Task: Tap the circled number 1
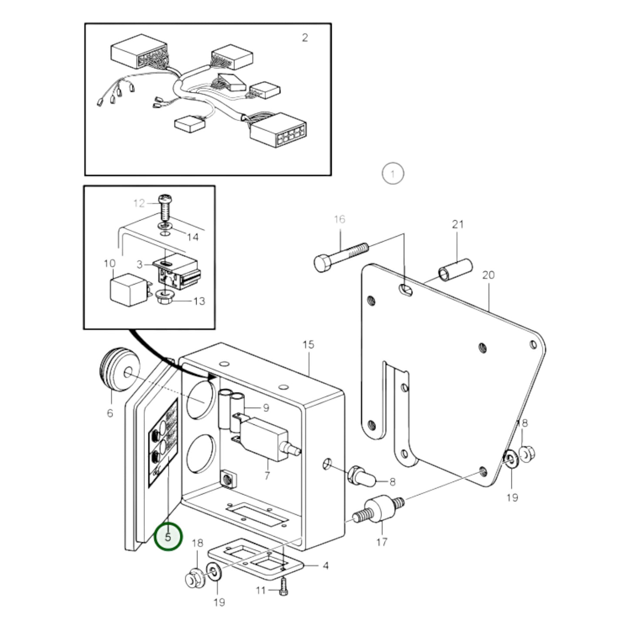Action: pyautogui.click(x=393, y=173)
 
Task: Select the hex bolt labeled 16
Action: pyautogui.click(x=341, y=256)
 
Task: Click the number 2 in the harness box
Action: pyautogui.click(x=305, y=38)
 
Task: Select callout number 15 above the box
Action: pyautogui.click(x=308, y=345)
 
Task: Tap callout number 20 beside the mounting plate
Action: pyautogui.click(x=488, y=275)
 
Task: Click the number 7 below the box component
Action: pyautogui.click(x=267, y=476)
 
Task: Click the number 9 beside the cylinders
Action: pyautogui.click(x=266, y=408)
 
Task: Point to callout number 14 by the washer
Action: pyautogui.click(x=192, y=237)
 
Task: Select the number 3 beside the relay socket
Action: pyautogui.click(x=140, y=264)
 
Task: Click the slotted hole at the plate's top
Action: pyautogui.click(x=405, y=289)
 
